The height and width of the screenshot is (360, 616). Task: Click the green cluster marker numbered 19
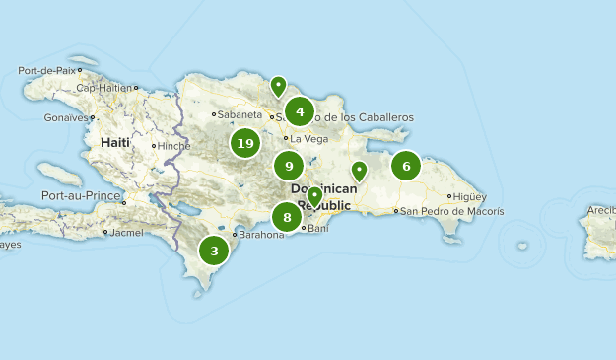(x=245, y=144)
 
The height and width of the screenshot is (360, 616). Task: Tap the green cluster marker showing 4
(x=300, y=111)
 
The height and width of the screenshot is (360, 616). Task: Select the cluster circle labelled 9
(x=289, y=166)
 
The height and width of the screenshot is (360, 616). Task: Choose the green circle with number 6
(x=406, y=166)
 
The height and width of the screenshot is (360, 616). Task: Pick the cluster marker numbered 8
(x=287, y=218)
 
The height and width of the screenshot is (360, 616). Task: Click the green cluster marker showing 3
(x=214, y=252)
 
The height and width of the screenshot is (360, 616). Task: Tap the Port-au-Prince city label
(x=81, y=196)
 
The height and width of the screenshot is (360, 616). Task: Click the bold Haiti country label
(x=114, y=142)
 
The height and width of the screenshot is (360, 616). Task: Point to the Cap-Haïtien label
(x=103, y=88)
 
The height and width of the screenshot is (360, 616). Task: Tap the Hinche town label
(x=173, y=146)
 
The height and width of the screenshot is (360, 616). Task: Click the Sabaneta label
(x=240, y=114)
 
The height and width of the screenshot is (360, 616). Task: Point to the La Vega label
(x=309, y=138)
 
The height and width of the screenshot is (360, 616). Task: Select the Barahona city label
(x=261, y=235)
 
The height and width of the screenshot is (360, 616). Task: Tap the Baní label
(x=317, y=229)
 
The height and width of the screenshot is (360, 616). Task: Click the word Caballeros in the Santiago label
(x=379, y=117)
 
